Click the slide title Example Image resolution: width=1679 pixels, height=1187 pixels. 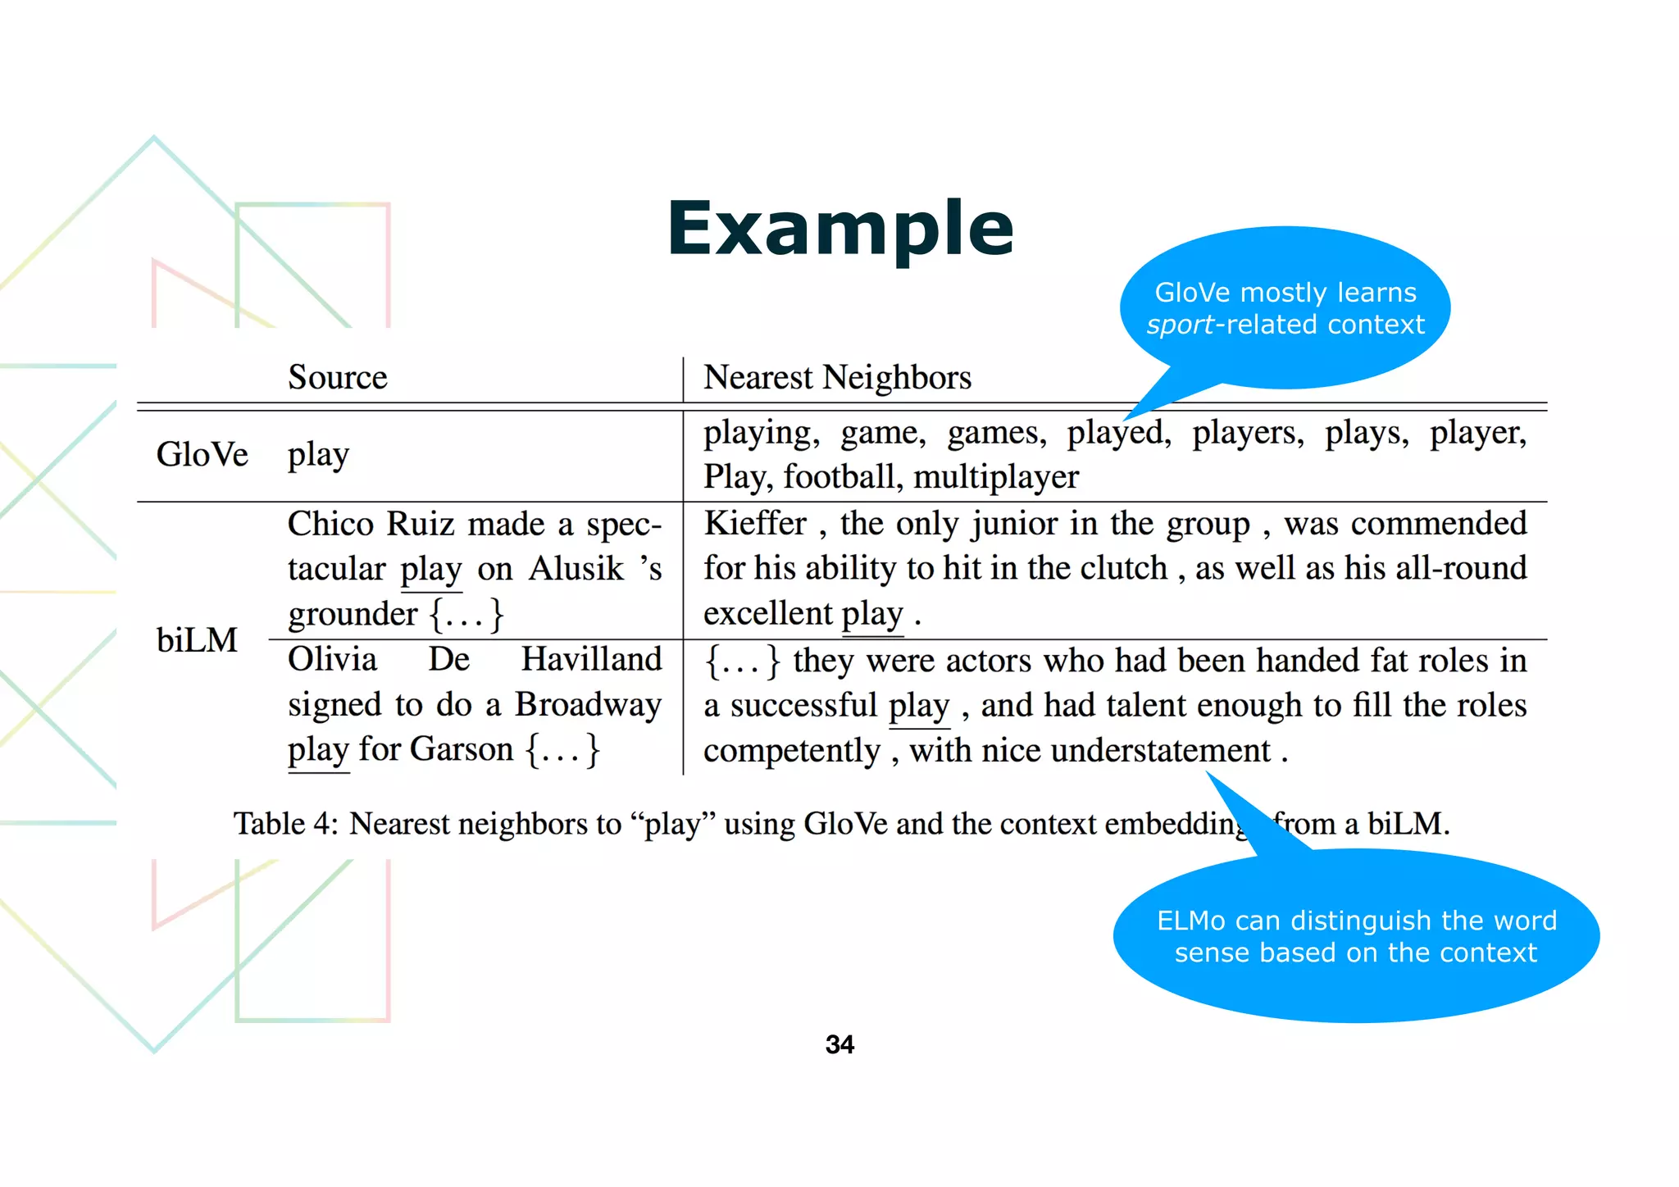[x=840, y=229]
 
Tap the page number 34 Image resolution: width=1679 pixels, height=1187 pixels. [x=839, y=1044]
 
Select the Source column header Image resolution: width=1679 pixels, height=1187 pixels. [x=337, y=377]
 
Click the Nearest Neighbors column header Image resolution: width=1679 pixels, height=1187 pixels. [x=837, y=377]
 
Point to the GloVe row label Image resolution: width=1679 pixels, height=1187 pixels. [x=202, y=454]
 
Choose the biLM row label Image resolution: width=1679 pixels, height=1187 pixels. [x=197, y=640]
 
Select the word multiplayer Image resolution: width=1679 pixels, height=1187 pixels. [x=996, y=477]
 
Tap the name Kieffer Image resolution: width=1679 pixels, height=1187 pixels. [x=755, y=523]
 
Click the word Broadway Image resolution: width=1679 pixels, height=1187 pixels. [x=588, y=704]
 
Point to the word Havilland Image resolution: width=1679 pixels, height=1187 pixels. [x=591, y=659]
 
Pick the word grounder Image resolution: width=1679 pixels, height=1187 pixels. [x=353, y=614]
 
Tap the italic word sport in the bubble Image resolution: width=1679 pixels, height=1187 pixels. [x=1180, y=325]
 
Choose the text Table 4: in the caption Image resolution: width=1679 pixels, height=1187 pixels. [x=285, y=823]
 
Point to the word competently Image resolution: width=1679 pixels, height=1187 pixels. [x=791, y=750]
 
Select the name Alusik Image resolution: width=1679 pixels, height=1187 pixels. [x=576, y=569]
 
